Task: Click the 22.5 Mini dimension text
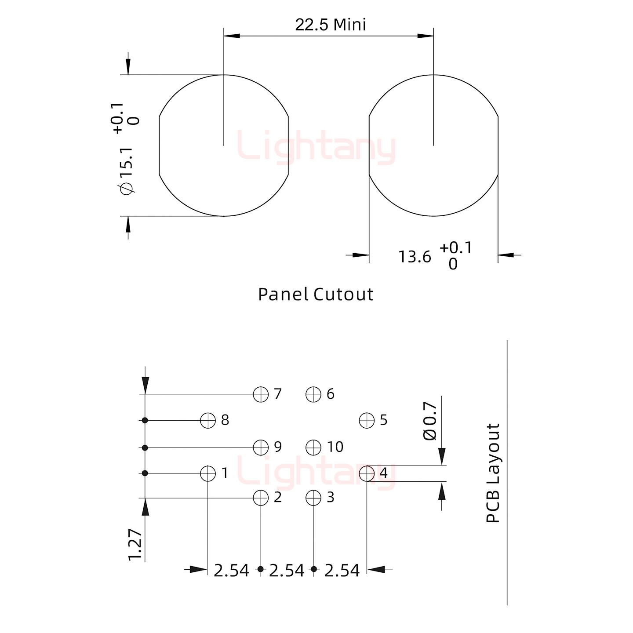[x=330, y=25]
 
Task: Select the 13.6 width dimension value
[x=415, y=257]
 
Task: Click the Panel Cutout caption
[x=315, y=294]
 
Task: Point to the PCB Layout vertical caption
[x=493, y=473]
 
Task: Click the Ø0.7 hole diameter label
[x=430, y=421]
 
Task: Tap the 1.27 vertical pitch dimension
[x=135, y=544]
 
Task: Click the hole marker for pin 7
[x=261, y=394]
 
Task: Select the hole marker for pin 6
[x=313, y=394]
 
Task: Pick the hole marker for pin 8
[x=207, y=421]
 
